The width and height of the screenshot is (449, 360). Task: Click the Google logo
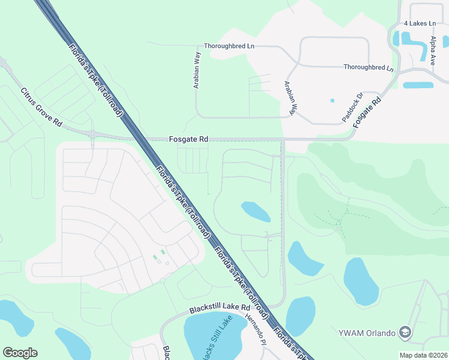pos(20,352)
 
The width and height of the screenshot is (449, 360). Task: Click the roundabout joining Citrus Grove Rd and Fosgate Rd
pos(92,134)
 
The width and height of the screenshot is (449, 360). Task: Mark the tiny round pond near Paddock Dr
pos(332,100)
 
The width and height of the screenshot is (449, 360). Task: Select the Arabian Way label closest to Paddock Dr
pos(291,97)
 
